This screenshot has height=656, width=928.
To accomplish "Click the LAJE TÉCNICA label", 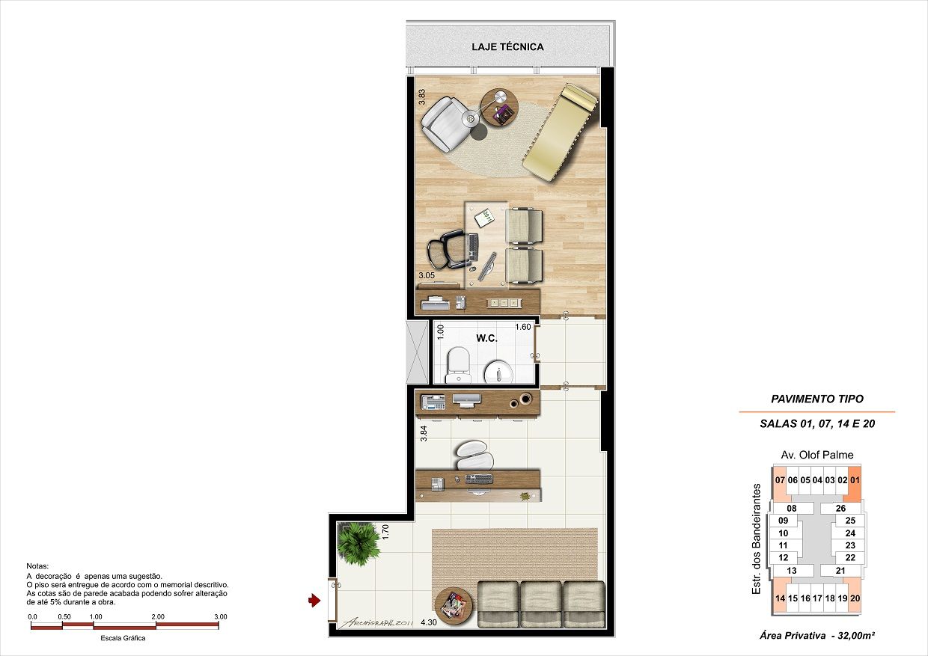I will click(507, 46).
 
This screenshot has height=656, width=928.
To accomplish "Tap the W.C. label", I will click(486, 338).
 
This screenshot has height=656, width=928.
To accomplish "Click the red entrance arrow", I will click(314, 599).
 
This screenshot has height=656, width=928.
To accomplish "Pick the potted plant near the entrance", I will click(358, 542).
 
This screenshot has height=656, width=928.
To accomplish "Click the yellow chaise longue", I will click(561, 132).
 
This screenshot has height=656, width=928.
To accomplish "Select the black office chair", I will click(448, 248).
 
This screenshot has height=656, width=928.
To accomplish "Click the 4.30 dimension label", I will click(429, 622).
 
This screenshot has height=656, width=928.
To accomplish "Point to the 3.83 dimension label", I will click(422, 98).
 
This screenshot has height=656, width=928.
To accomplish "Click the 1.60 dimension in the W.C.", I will click(522, 327).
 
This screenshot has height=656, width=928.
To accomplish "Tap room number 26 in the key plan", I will click(840, 508).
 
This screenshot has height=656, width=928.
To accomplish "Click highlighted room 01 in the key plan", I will click(855, 480).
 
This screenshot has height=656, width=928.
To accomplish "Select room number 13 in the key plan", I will click(792, 571).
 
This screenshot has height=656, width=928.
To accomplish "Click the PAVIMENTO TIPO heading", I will click(817, 399).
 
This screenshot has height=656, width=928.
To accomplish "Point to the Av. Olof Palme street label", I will click(816, 455).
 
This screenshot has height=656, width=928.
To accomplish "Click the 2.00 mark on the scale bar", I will click(157, 616).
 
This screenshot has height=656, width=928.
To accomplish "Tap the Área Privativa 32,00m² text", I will click(816, 636).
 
